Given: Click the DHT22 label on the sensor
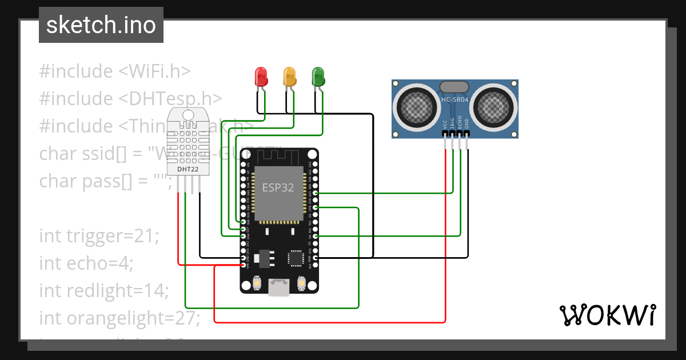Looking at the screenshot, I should point(188,169).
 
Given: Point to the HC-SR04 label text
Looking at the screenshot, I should point(454,100).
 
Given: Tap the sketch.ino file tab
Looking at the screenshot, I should point(101,25).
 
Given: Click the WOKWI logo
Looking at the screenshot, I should point(607,315).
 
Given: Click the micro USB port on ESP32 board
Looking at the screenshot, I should point(279,287).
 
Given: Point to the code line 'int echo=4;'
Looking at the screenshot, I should point(86,263).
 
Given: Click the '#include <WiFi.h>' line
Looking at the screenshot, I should point(115,71).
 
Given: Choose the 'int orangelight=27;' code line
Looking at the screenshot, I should point(119,318).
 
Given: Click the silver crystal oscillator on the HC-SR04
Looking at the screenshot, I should point(454,87).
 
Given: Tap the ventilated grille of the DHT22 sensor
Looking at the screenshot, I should point(188,140).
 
